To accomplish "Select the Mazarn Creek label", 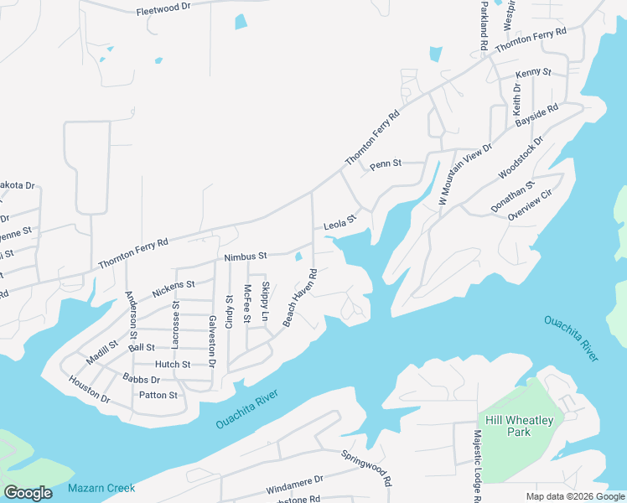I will click(101, 488).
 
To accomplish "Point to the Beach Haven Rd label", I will click(300, 298).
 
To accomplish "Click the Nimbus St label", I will click(245, 256).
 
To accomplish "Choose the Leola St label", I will click(340, 222).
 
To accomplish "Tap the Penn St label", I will click(386, 164).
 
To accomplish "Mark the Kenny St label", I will click(533, 73).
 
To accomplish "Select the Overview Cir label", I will click(530, 205).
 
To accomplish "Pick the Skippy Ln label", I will click(265, 301).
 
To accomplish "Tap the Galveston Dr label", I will click(212, 342).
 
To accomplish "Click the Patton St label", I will click(158, 395).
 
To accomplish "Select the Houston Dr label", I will click(89, 390).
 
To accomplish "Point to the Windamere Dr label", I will click(294, 485).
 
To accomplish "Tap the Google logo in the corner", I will click(28, 492).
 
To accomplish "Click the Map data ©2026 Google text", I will click(574, 496).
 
